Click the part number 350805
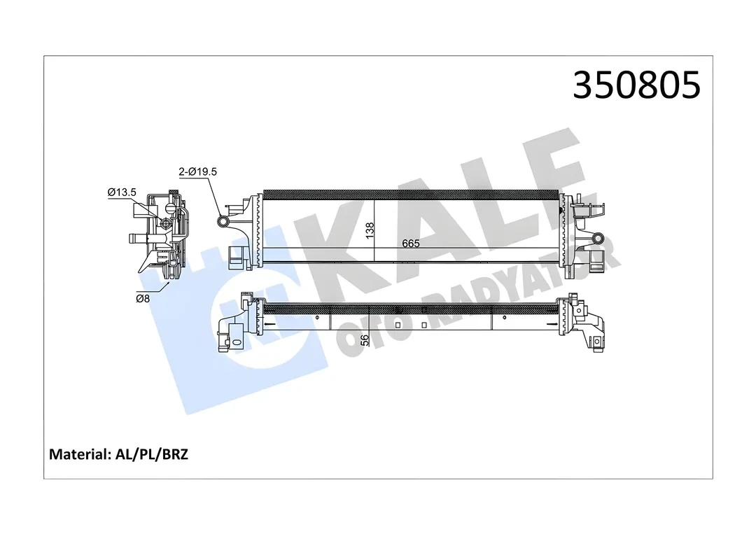[x=636, y=85]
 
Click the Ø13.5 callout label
[x=121, y=192]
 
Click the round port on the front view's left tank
[x=224, y=222]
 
